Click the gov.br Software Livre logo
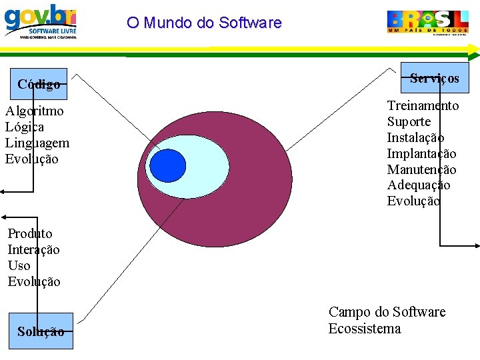coord(41,21)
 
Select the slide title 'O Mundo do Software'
coord(204,23)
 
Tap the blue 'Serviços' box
coord(435,78)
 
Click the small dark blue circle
coord(167,165)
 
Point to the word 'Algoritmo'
coord(35,111)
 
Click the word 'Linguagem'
coord(37,143)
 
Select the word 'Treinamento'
coord(423,105)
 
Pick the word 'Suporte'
coord(409,121)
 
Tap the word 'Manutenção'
coord(421,169)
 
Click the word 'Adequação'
coord(419,185)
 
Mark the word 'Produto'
coord(29,233)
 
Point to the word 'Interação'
coord(33,249)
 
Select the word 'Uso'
coord(19,265)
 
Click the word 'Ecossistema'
coord(364,329)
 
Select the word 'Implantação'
coord(421,153)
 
